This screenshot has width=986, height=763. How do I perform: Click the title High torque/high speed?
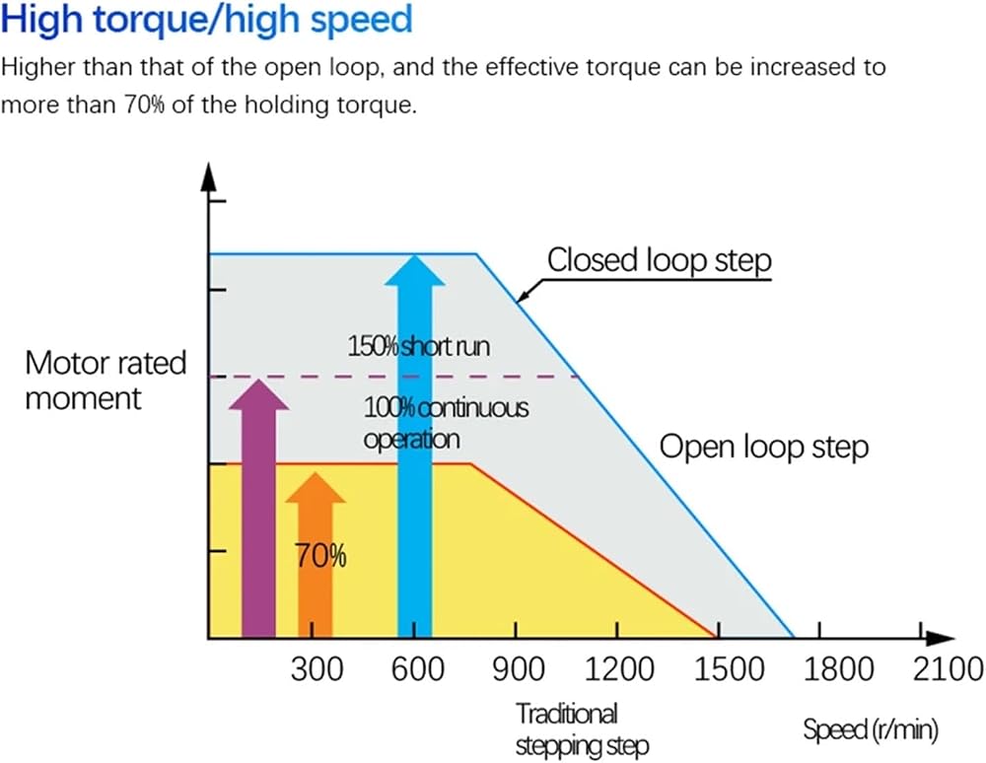coord(207,20)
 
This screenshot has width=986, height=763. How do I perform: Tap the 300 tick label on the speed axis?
coord(317,668)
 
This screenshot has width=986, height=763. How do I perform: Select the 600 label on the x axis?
coord(417,668)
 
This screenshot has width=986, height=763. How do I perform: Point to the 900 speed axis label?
coord(519,668)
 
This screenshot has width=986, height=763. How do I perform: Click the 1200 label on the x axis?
coord(619,668)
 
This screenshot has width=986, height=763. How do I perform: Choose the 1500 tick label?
coord(729,668)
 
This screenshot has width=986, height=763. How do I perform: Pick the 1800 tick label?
coord(839,668)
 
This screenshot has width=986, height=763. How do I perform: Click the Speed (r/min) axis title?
coord(871,730)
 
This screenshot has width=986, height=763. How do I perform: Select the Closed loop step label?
coord(659,260)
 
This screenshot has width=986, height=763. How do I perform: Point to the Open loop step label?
coord(764,448)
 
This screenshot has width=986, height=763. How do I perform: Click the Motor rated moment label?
coord(106,381)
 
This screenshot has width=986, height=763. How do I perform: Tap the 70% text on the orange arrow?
coord(320,556)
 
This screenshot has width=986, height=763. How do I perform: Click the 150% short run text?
coord(419,346)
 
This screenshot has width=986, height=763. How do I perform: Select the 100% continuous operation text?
coord(446,423)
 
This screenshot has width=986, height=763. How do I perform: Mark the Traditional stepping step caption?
coord(582,729)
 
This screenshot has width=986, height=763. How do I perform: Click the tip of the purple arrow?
coord(258,380)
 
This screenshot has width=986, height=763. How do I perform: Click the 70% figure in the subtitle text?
coord(144,104)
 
